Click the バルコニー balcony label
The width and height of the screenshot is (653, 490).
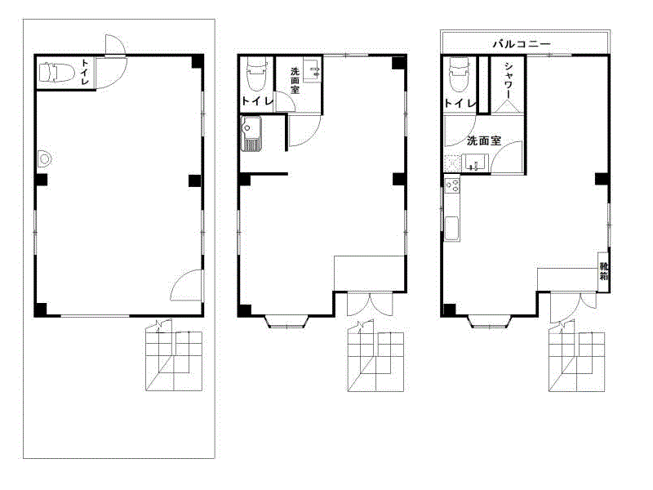coord(522,44)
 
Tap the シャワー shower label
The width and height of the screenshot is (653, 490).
coord(508,80)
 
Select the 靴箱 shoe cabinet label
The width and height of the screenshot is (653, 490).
coord(603,271)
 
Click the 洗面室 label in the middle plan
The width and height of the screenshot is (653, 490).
coord(295,80)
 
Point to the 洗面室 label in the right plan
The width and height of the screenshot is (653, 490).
coord(483,140)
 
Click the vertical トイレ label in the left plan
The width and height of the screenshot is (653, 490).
coord(85,72)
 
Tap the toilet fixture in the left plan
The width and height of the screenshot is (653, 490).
coord(56,72)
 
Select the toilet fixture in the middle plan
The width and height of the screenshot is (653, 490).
coord(256,74)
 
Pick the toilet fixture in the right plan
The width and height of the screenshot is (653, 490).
coord(459,74)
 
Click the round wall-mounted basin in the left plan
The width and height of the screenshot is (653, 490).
coord(44,158)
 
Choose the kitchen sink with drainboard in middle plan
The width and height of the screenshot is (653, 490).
coord(251,133)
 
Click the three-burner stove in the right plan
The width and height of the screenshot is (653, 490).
coord(452,185)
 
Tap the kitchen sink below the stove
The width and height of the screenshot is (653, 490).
coord(452,229)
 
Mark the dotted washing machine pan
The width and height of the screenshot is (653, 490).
coord(452,163)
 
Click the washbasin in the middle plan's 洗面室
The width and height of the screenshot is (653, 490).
coord(313,70)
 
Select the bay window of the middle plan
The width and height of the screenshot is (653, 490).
coord(287,322)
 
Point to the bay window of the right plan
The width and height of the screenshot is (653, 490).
coord(489,322)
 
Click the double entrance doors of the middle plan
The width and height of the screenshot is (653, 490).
coord(370,304)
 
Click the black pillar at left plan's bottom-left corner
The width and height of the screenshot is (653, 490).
coord(41,310)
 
